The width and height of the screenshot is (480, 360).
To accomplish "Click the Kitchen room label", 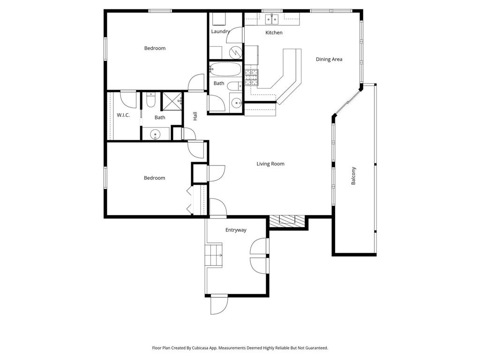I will coord(274,33).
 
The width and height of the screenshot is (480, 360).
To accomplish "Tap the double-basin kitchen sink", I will coord(271,19).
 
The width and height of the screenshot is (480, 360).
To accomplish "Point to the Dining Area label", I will coord(329,60).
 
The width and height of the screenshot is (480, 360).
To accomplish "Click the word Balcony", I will coord(354,176).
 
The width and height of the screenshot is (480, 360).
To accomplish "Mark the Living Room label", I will coord(270,164).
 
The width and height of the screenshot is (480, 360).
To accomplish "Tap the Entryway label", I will coord(236,230).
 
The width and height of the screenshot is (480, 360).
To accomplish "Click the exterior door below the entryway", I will coord(218,305).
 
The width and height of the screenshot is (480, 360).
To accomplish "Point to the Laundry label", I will coord(220,32).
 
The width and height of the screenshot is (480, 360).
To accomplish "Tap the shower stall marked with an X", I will coord(171,101).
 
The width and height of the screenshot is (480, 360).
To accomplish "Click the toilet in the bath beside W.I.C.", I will coord(150,101).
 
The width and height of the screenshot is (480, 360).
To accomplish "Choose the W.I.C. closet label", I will coord(123,115).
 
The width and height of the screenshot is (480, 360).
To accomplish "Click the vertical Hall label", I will coord(195,116).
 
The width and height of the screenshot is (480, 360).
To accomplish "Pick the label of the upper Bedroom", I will coord(155,48).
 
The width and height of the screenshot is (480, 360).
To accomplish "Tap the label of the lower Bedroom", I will coord(154,178).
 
